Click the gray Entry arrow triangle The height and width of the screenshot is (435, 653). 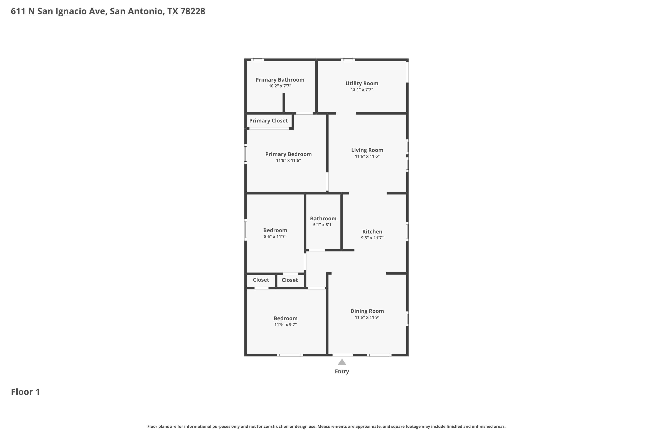(x=342, y=362)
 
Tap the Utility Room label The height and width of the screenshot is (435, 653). (x=362, y=83)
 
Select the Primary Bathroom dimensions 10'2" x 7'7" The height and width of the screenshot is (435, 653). (x=280, y=86)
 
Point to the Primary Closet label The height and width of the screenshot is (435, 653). (x=268, y=121)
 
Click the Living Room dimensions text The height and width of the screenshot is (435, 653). (x=367, y=156)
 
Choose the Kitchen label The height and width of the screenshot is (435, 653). (x=372, y=232)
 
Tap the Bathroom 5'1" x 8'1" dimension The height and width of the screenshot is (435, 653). (x=323, y=225)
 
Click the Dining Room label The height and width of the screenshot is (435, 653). (x=367, y=311)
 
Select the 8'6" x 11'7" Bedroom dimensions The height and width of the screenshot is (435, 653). (x=275, y=237)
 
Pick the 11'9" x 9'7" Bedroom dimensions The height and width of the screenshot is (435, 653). (x=286, y=325)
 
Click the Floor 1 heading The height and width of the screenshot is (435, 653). (x=25, y=392)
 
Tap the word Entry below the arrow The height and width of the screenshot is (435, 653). (x=342, y=371)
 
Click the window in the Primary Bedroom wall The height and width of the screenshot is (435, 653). (x=246, y=154)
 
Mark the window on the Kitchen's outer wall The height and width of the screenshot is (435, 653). (x=407, y=232)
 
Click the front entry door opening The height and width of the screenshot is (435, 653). (x=343, y=355)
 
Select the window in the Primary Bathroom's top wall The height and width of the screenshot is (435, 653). (x=258, y=60)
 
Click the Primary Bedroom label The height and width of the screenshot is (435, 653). (x=288, y=154)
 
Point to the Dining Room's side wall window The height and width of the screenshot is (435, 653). (x=407, y=319)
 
